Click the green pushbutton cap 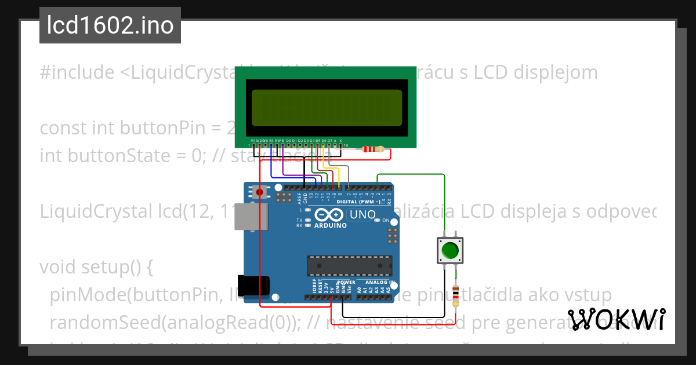click(x=449, y=250)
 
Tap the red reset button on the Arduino click(x=259, y=192)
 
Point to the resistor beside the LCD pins click(x=372, y=149)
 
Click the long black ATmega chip click(x=349, y=265)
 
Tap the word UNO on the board click(x=362, y=215)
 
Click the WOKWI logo click(x=616, y=319)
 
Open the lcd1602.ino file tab click(x=110, y=25)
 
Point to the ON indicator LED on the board click(x=378, y=221)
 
